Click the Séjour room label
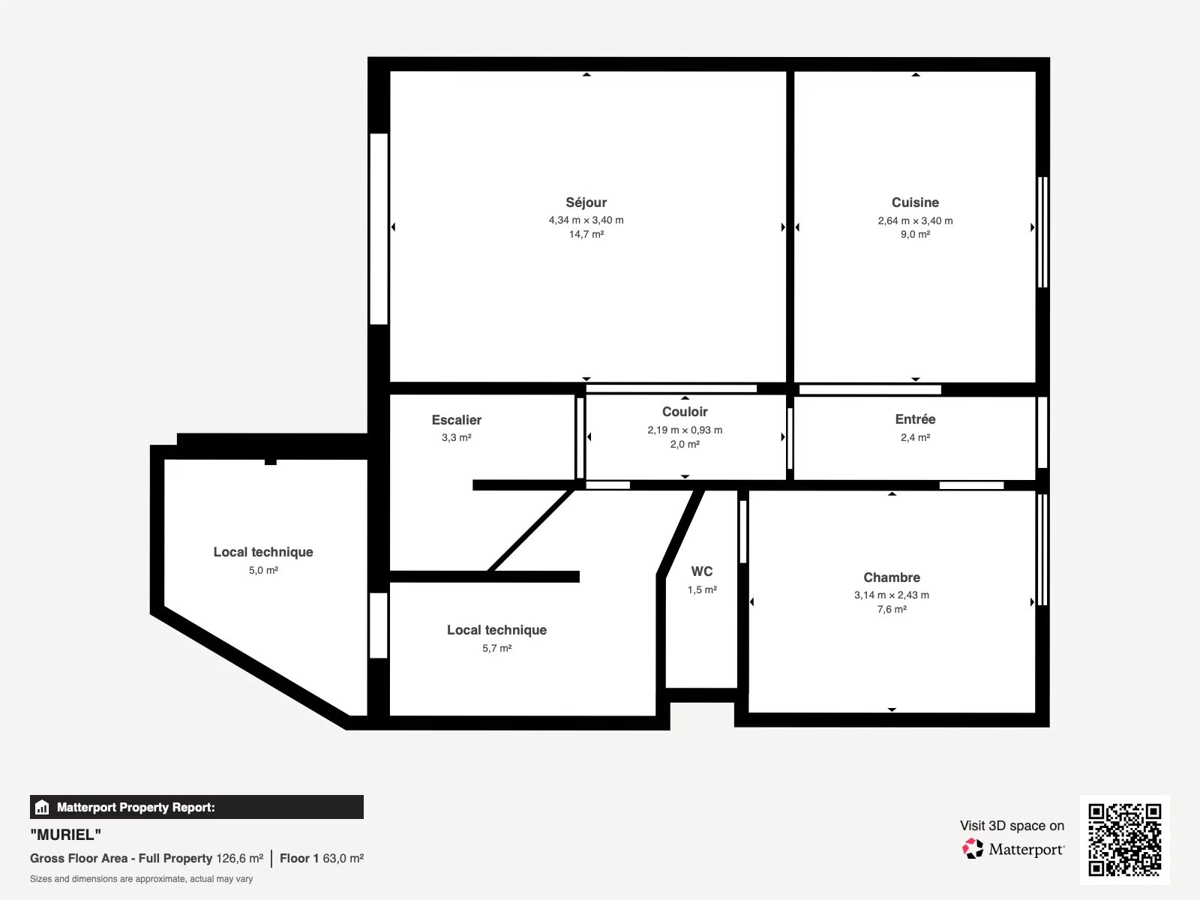coord(586,202)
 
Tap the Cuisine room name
coord(915,202)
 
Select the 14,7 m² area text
coord(586,235)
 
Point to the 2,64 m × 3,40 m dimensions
coord(915,220)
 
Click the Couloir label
coord(685,412)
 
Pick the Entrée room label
coord(915,419)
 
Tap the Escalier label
coord(457,420)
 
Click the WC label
coord(702,571)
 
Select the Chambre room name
coord(892,577)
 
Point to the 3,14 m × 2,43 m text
coord(892,595)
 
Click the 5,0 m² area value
coord(263,571)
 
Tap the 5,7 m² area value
coord(497,649)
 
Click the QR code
coord(1124,840)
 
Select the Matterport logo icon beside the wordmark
coord(973,849)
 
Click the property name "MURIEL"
coord(65,835)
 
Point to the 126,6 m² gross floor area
coord(239,859)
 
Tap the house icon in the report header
coord(42,807)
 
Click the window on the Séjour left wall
coord(379,229)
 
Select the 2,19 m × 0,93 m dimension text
coord(685,430)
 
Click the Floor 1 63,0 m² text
coord(322,859)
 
